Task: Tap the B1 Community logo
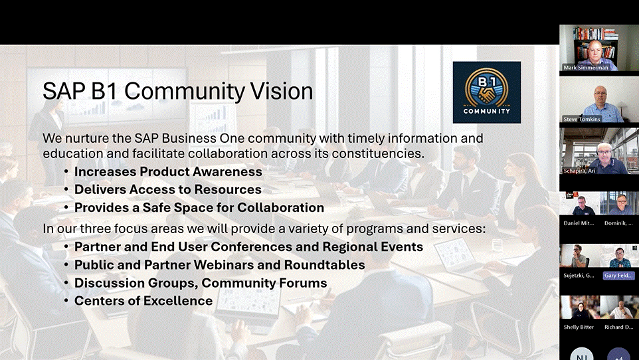tap(487, 92)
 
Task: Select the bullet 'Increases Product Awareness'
tap(168, 171)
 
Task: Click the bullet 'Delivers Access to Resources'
tap(168, 189)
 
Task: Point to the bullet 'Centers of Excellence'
tap(143, 301)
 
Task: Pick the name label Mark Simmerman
tap(586, 68)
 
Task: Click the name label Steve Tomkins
tap(581, 119)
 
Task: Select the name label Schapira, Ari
tap(579, 171)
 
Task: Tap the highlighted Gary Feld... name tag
tap(618, 276)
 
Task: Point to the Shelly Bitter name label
tap(579, 327)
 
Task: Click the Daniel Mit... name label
tap(579, 223)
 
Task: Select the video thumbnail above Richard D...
tap(619, 307)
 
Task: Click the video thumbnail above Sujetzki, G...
tap(579, 256)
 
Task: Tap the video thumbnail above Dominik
tap(619, 203)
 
